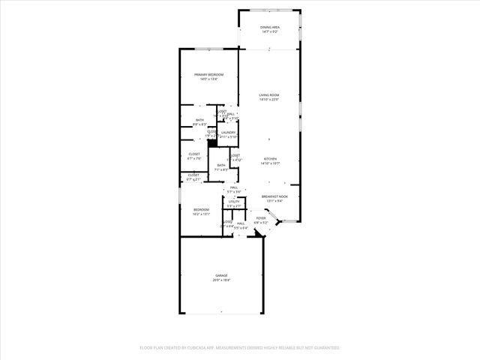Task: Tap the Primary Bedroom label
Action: click(x=209, y=74)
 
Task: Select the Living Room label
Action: click(x=269, y=95)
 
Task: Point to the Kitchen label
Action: click(x=270, y=159)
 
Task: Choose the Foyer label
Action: click(x=260, y=218)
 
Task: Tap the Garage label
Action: click(x=222, y=275)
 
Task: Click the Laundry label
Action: click(x=228, y=133)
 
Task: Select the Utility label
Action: click(x=234, y=202)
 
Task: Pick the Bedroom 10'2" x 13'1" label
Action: click(x=201, y=209)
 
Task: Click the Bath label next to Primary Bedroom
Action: click(x=199, y=120)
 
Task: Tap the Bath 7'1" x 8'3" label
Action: click(x=220, y=165)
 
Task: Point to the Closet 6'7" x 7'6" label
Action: click(x=194, y=154)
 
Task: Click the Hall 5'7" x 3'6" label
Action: click(x=234, y=187)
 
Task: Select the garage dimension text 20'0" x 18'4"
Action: click(x=222, y=280)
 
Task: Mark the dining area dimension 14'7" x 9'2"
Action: click(x=270, y=32)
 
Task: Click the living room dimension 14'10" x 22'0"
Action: click(x=269, y=100)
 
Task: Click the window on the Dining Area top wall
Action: click(x=270, y=10)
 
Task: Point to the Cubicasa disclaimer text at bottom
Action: click(x=240, y=348)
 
